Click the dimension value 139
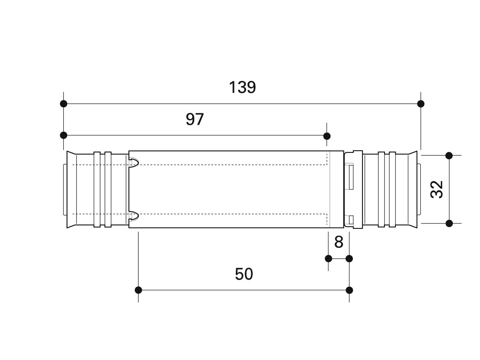click(x=242, y=87)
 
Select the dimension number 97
click(x=195, y=119)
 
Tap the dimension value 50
click(x=244, y=274)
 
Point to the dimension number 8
click(x=339, y=242)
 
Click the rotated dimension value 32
click(x=437, y=189)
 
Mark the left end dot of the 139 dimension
click(x=64, y=104)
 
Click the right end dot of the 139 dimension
click(x=421, y=104)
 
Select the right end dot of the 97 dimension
click(x=327, y=136)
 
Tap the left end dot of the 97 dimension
click(x=64, y=135)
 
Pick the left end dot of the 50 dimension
click(x=138, y=290)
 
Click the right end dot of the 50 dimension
click(x=349, y=290)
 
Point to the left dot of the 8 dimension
click(x=328, y=259)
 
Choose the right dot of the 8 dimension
click(x=349, y=259)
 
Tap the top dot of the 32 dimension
click(x=449, y=156)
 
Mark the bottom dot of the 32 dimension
click(x=449, y=223)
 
